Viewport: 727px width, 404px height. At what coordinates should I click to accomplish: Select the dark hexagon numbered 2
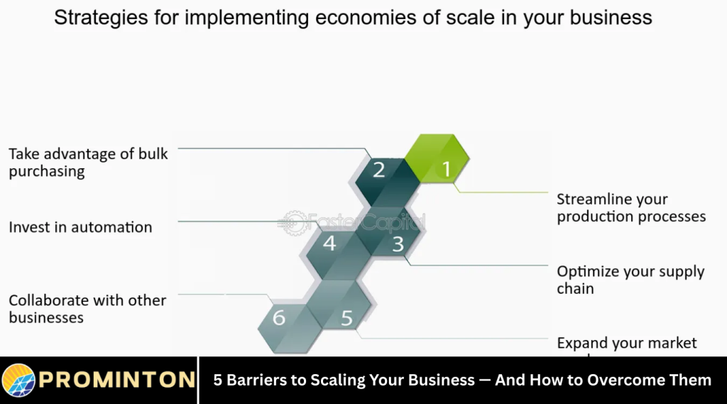(379, 170)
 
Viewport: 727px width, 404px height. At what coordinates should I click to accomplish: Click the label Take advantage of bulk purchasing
(88, 163)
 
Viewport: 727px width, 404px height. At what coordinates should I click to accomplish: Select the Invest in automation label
(80, 227)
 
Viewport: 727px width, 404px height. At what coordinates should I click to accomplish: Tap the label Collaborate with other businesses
(87, 309)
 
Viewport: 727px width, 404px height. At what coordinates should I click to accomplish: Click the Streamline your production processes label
(631, 208)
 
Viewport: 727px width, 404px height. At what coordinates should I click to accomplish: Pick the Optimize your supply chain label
(630, 280)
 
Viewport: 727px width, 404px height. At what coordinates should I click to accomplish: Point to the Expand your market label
(627, 344)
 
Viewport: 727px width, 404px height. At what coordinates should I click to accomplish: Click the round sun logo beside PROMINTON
(18, 381)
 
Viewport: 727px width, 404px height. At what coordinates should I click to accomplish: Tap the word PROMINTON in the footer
(117, 380)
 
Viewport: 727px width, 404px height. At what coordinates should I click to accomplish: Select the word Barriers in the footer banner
(257, 381)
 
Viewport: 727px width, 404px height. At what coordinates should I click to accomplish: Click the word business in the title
(609, 18)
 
